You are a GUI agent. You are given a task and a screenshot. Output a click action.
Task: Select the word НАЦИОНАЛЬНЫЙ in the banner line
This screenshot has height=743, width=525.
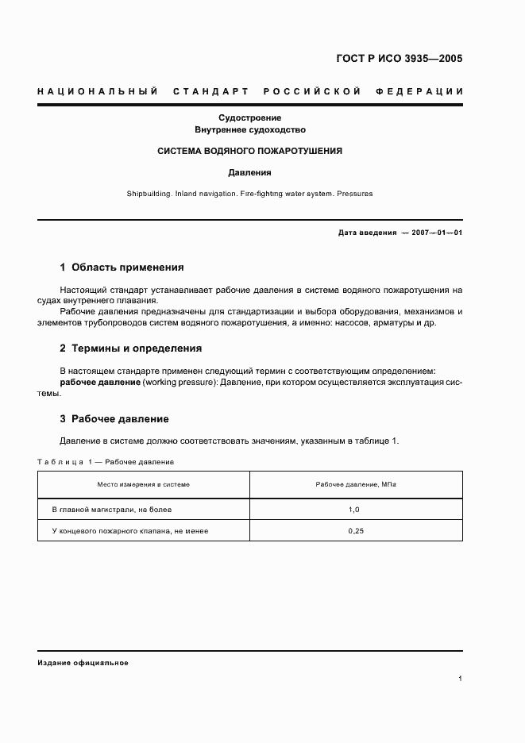tap(97, 91)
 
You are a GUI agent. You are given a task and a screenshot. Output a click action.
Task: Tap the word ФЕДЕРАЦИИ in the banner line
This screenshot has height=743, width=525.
tap(425, 91)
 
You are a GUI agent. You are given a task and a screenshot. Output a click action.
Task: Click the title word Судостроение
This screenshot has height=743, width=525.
tap(249, 117)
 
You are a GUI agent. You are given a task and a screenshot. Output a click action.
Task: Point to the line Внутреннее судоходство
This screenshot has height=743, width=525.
tap(249, 129)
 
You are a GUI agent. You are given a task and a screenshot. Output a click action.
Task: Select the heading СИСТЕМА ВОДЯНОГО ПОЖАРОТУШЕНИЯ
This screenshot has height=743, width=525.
tap(249, 150)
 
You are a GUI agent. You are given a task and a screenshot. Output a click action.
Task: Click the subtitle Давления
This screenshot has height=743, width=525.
tap(249, 171)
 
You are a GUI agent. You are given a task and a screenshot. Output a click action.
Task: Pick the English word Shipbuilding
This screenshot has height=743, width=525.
tap(149, 193)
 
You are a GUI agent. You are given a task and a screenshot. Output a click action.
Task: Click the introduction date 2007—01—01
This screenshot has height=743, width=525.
tap(438, 233)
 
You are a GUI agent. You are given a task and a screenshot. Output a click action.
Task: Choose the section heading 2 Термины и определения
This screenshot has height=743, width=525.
tap(131, 348)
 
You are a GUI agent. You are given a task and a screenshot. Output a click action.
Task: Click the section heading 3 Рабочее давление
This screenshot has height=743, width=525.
tap(114, 418)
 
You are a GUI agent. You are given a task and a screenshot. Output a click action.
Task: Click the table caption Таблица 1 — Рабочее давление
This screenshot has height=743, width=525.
tap(106, 461)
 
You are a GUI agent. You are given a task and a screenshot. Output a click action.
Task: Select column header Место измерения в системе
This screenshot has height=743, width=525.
tap(144, 483)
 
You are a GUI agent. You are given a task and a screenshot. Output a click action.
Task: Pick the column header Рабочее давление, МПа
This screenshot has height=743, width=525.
tap(355, 483)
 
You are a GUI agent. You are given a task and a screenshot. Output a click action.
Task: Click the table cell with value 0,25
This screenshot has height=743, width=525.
tap(355, 531)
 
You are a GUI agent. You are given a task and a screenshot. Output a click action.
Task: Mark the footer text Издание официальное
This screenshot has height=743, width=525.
tap(83, 662)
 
